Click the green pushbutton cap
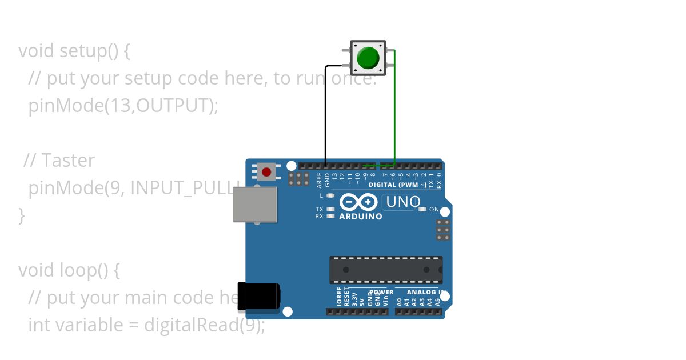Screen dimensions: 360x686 tap(368, 58)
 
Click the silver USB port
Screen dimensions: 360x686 tap(255, 204)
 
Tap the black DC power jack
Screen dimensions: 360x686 tap(258, 297)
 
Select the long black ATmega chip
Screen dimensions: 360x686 tap(386, 269)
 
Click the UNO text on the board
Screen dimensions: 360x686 tap(403, 202)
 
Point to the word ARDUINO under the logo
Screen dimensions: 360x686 tap(360, 217)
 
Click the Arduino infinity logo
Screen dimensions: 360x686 tap(358, 202)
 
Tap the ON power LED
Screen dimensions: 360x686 tap(422, 209)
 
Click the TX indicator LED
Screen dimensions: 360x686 tap(330, 209)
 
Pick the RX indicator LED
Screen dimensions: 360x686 tap(330, 216)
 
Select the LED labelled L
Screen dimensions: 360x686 tap(330, 195)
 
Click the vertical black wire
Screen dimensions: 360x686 tap(325, 114)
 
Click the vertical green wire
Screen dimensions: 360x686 tap(394, 109)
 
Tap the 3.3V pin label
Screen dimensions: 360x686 tap(354, 299)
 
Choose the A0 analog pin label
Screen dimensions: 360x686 tap(399, 299)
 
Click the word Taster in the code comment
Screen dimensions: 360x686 tap(68, 161)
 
